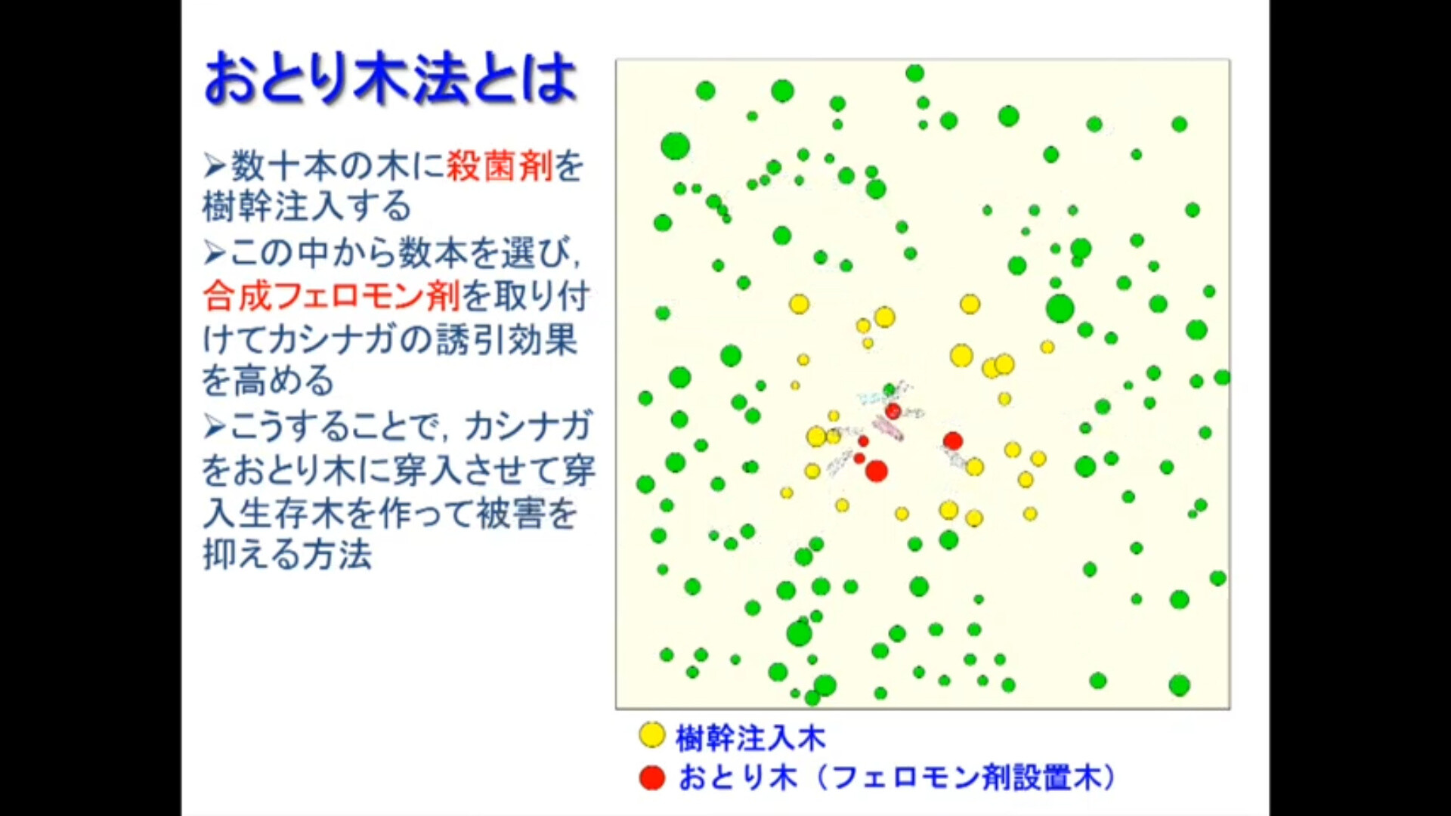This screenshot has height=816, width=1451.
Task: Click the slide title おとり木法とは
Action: click(391, 78)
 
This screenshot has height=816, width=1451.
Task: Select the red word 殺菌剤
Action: click(500, 165)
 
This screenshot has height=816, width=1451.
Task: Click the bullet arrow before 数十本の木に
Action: click(215, 166)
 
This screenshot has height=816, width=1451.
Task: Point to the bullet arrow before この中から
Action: click(215, 252)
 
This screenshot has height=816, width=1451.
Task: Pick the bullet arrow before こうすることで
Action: click(215, 427)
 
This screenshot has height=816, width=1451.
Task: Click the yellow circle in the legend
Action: click(651, 735)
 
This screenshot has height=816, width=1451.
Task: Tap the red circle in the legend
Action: click(651, 777)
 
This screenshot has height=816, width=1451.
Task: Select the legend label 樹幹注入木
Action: click(750, 737)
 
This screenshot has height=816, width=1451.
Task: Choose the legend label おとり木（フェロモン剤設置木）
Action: click(897, 777)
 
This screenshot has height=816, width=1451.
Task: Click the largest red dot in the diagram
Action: click(876, 471)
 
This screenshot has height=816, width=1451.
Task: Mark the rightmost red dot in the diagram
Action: click(953, 440)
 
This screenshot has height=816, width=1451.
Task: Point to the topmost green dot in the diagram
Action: click(914, 73)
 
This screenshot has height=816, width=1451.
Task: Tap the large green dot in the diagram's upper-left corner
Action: click(675, 146)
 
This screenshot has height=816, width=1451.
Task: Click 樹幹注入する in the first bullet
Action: click(307, 206)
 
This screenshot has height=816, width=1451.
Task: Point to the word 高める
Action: click(284, 380)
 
